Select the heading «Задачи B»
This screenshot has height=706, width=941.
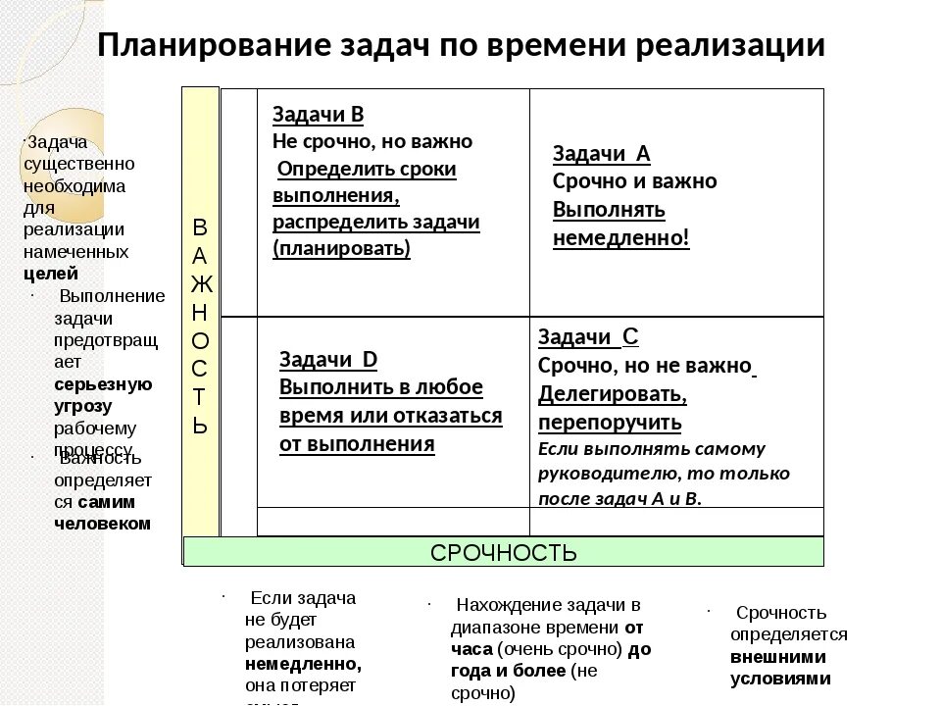pyautogui.click(x=318, y=115)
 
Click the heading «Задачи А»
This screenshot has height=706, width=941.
pyautogui.click(x=601, y=153)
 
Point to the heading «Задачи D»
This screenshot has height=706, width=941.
pyautogui.click(x=328, y=359)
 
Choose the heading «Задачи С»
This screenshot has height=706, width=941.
pyautogui.click(x=588, y=337)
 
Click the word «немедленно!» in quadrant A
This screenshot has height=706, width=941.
pyautogui.click(x=621, y=238)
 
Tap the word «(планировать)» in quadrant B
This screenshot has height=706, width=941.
pyautogui.click(x=341, y=248)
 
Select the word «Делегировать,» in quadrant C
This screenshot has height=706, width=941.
pyautogui.click(x=612, y=394)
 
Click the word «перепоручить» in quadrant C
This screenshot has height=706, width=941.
pyautogui.click(x=609, y=423)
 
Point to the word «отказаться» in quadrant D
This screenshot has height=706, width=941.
pyautogui.click(x=447, y=415)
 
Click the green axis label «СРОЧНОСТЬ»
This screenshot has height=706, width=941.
pyautogui.click(x=504, y=552)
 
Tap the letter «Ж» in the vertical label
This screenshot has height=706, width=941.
pyautogui.click(x=200, y=284)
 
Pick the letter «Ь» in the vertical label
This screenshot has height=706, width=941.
pyautogui.click(x=200, y=426)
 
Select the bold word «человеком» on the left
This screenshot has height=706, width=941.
pyautogui.click(x=102, y=523)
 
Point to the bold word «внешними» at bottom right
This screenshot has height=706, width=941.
pyautogui.click(x=777, y=656)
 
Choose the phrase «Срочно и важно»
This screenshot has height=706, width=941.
pyautogui.click(x=634, y=181)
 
